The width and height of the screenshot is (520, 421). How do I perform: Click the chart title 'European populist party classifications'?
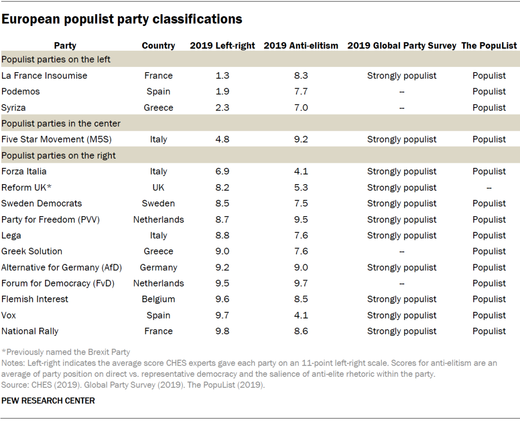pyautogui.click(x=121, y=20)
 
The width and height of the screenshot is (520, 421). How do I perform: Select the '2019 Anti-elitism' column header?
pyautogui.click(x=301, y=46)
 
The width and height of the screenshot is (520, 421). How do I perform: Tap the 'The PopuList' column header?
pyautogui.click(x=489, y=46)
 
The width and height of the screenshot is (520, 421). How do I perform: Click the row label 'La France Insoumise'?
pyautogui.click(x=44, y=76)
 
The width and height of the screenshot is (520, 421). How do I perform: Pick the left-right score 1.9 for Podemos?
pyautogui.click(x=222, y=92)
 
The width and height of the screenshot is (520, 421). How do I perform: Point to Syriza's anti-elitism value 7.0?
pyautogui.click(x=301, y=108)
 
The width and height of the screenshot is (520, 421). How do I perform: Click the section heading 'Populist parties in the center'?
pyautogui.click(x=61, y=123)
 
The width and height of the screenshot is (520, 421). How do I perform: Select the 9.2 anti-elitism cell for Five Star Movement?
pyautogui.click(x=301, y=139)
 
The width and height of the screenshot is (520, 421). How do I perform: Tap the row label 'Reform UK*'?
pyautogui.click(x=27, y=188)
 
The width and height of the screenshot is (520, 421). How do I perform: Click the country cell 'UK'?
pyautogui.click(x=158, y=188)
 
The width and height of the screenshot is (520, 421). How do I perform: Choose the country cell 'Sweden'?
pyautogui.click(x=158, y=203)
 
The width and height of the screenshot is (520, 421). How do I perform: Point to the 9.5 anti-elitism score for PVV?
pyautogui.click(x=301, y=220)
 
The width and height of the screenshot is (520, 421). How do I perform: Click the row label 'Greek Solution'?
pyautogui.click(x=32, y=252)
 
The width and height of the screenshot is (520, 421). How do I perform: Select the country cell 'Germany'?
pyautogui.click(x=158, y=267)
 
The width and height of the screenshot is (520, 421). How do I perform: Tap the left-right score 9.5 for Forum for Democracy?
pyautogui.click(x=222, y=284)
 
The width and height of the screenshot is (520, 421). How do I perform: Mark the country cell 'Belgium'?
pyautogui.click(x=158, y=299)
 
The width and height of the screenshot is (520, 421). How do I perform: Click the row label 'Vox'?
pyautogui.click(x=9, y=315)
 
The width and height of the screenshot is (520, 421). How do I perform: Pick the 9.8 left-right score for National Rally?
pyautogui.click(x=222, y=331)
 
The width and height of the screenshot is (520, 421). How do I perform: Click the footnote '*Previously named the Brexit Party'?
pyautogui.click(x=66, y=352)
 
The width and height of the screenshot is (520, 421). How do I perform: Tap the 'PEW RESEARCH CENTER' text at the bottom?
pyautogui.click(x=48, y=401)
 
